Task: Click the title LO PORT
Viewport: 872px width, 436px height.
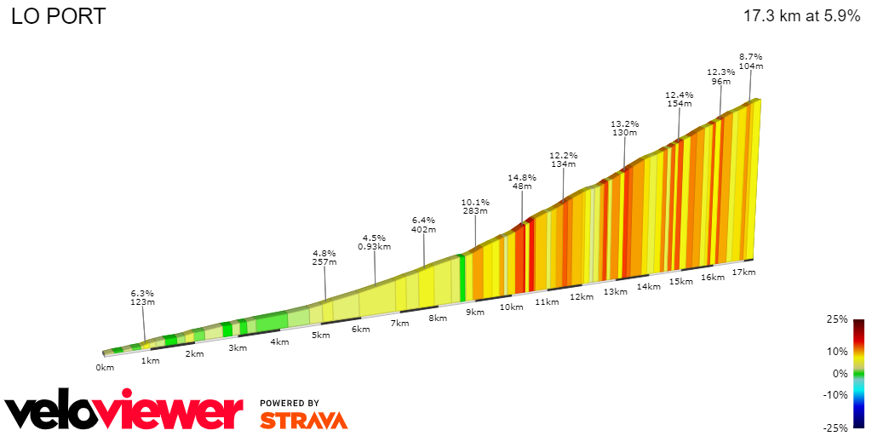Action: pyautogui.click(x=58, y=16)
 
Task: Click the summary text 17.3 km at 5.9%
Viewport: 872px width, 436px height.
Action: pyautogui.click(x=801, y=16)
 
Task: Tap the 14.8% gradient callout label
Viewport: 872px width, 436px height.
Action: pyautogui.click(x=521, y=182)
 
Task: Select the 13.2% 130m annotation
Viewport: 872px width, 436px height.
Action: pyautogui.click(x=624, y=129)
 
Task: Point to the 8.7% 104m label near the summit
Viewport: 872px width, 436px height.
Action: pyautogui.click(x=750, y=60)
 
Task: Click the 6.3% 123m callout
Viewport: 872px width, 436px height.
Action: pyautogui.click(x=142, y=298)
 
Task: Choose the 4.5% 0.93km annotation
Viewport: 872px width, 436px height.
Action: pyautogui.click(x=374, y=243)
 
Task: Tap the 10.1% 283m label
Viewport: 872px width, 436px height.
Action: pyautogui.click(x=474, y=207)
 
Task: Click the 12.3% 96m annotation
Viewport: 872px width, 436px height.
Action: pyautogui.click(x=720, y=77)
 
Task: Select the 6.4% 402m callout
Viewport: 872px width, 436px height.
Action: pyautogui.click(x=423, y=225)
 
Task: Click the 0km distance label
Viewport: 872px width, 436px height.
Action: pyautogui.click(x=105, y=368)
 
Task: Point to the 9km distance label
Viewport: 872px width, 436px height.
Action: pyautogui.click(x=474, y=312)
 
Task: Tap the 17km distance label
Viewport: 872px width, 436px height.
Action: pyautogui.click(x=743, y=272)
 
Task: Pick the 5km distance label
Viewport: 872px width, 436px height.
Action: pyautogui.click(x=320, y=336)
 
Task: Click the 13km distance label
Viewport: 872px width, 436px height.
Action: pyautogui.click(x=615, y=291)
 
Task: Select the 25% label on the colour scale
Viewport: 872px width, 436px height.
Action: pyautogui.click(x=837, y=319)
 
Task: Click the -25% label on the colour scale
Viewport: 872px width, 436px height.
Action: pyautogui.click(x=835, y=427)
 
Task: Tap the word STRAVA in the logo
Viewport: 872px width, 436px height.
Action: pyautogui.click(x=303, y=420)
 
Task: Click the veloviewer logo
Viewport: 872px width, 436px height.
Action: pyautogui.click(x=124, y=412)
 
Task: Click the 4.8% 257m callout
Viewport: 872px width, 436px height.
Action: pyautogui.click(x=324, y=258)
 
